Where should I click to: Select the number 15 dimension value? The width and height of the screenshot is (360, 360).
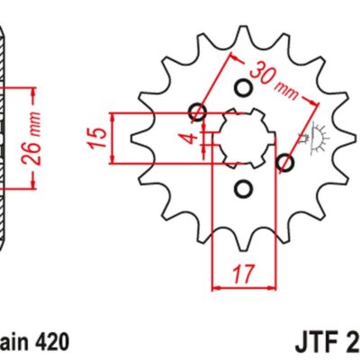click(100, 137)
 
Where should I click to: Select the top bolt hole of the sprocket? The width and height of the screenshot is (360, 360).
click(243, 88)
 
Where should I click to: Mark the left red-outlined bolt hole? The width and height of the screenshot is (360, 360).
click(198, 113)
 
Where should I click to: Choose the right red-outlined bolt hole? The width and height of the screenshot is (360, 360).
click(286, 163)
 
